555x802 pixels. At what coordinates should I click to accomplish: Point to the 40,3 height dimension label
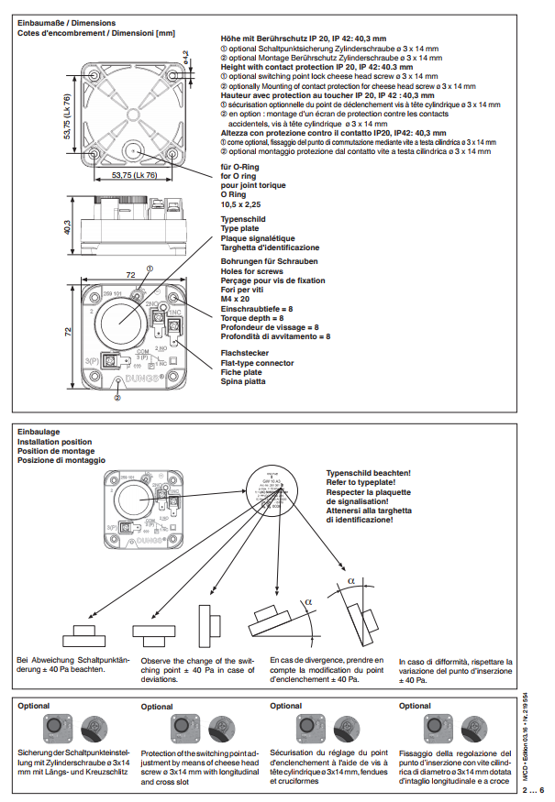pyautogui.click(x=67, y=226)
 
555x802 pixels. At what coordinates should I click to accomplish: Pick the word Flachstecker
pyautogui.click(x=245, y=352)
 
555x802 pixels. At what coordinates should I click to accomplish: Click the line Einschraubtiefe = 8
pyautogui.click(x=257, y=311)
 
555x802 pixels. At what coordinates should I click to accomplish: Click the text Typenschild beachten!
pyautogui.click(x=369, y=473)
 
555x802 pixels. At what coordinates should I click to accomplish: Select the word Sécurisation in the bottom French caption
pyautogui.click(x=295, y=750)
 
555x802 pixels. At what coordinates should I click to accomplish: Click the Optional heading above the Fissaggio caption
pyautogui.click(x=415, y=706)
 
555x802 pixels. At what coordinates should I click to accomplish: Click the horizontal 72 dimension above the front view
pyautogui.click(x=130, y=275)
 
